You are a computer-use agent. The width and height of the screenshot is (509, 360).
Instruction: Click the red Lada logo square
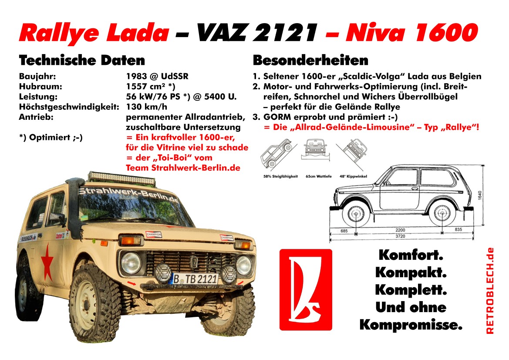coord(306,289)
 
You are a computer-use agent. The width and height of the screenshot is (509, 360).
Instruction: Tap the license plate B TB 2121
coord(195,278)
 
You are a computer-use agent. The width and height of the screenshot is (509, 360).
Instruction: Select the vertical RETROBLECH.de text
coord(490,291)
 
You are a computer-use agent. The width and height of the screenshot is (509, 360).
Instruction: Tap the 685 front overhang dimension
coord(344,231)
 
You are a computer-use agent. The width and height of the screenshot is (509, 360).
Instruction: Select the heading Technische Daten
coord(82,60)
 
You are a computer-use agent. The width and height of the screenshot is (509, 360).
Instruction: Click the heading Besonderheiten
coord(310,60)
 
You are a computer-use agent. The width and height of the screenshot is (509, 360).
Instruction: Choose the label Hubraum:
coord(38,86)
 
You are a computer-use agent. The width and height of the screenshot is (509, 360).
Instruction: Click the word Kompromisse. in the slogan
coord(411,325)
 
